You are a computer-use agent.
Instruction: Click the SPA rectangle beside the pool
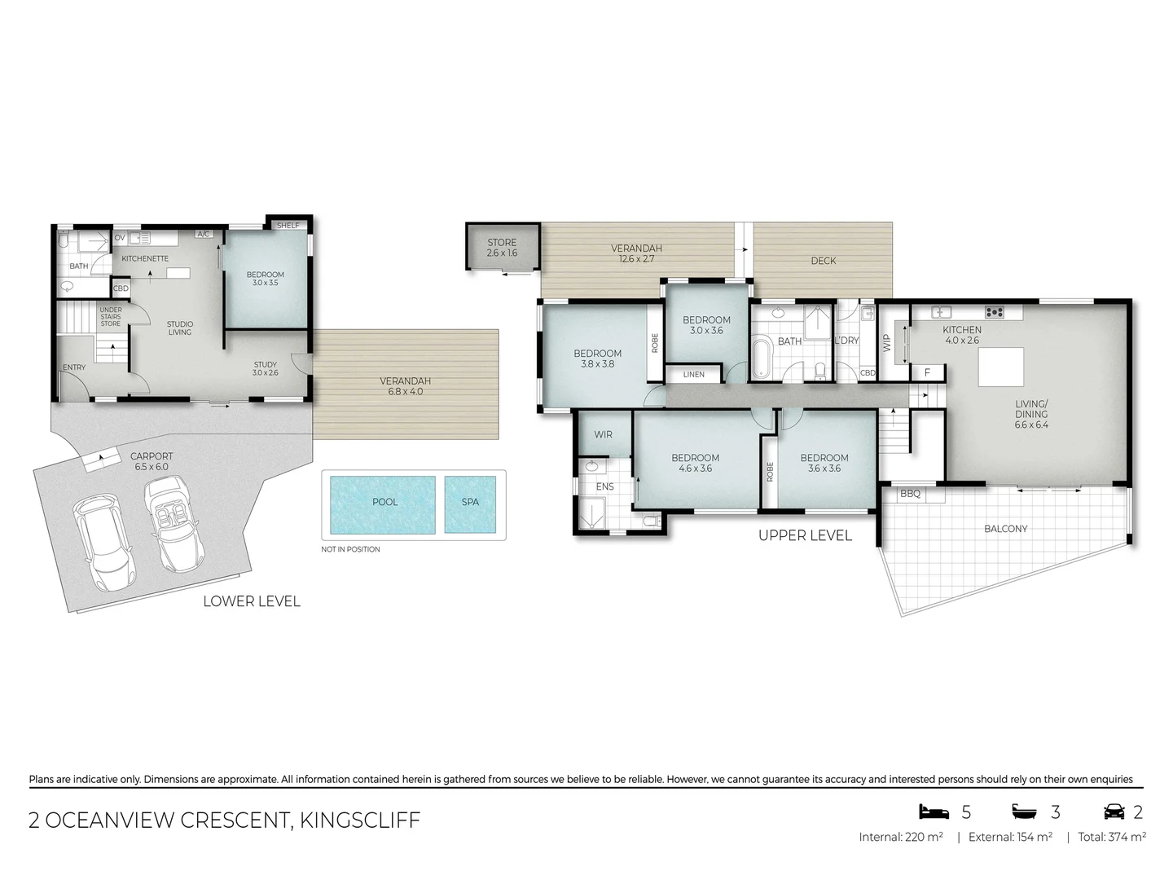pos(470,504)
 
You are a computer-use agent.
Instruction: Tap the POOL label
pos(384,502)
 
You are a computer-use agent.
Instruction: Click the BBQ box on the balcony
pos(910,494)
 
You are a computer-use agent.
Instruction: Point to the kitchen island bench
pos(1000,367)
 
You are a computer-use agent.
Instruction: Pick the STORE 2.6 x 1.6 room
pos(502,247)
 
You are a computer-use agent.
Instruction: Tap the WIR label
pos(603,434)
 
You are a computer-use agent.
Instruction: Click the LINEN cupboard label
pos(693,375)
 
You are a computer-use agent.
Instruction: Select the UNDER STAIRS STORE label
pos(111,317)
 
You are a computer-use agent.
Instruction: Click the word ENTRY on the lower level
pos(74,367)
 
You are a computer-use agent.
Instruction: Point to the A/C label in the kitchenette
pos(204,235)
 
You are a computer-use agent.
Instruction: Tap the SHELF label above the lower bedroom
pos(288,226)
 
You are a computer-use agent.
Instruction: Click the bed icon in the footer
pos(934,812)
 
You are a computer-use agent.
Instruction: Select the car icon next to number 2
pos(1114,812)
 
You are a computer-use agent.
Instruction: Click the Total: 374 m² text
pos(1111,837)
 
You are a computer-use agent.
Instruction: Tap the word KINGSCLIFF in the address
pos(360,820)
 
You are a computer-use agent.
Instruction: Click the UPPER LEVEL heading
pos(804,535)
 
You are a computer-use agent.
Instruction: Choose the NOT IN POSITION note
pos(350,549)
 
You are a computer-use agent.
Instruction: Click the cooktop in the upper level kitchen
pos(994,312)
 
